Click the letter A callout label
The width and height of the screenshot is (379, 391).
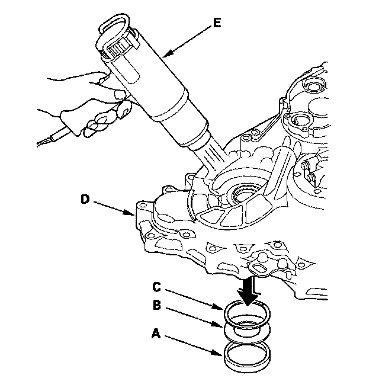click(156, 334)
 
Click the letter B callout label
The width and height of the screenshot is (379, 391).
click(157, 305)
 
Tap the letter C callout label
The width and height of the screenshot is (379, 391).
click(156, 287)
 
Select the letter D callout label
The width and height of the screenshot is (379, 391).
click(85, 199)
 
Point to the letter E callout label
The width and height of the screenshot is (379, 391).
click(217, 23)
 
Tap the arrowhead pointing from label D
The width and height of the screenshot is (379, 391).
click(130, 212)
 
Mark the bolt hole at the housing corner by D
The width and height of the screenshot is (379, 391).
click(143, 206)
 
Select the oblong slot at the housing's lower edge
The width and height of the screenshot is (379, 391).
click(260, 270)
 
